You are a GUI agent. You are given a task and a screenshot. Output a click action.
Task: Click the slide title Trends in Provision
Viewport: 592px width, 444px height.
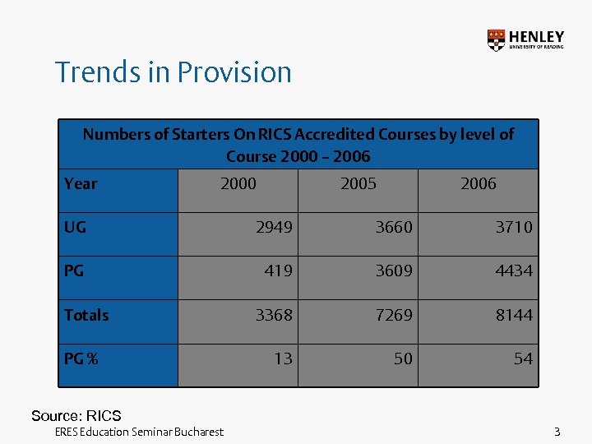(173, 72)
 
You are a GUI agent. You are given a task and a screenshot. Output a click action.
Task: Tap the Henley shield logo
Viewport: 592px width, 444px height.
(496, 40)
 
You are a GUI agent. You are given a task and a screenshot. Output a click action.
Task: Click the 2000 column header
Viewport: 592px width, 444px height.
(238, 183)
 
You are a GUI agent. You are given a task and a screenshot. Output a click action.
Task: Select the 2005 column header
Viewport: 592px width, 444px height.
(358, 183)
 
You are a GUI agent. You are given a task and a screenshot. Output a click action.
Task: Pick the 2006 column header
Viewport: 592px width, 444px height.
(478, 183)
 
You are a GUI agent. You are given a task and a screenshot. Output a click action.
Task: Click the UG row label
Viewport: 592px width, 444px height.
(75, 227)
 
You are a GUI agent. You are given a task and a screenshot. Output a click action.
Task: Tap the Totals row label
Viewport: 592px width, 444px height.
(86, 315)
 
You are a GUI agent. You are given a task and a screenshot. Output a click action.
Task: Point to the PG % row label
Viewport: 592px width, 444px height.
(81, 358)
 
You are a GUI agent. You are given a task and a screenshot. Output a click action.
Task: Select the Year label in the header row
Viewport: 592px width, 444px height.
(81, 183)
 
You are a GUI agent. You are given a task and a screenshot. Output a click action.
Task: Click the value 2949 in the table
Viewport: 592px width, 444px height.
(273, 227)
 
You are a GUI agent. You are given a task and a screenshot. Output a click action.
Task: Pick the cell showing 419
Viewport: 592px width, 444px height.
(278, 271)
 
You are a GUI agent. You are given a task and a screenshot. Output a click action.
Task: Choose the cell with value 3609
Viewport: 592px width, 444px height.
(394, 271)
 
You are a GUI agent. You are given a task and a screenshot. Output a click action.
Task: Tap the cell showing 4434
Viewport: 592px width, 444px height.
(514, 271)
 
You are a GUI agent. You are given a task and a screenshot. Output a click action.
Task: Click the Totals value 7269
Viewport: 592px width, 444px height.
(394, 315)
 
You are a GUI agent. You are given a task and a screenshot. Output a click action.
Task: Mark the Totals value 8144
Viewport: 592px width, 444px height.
(514, 315)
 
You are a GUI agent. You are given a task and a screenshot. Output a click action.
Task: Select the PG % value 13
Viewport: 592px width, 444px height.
(283, 358)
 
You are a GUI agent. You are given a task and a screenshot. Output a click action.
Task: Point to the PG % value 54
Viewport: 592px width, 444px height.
(523, 358)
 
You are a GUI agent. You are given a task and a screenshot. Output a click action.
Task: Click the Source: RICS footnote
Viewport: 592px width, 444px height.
(76, 415)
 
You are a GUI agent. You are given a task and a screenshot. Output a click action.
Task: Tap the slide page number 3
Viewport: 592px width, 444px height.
(557, 432)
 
